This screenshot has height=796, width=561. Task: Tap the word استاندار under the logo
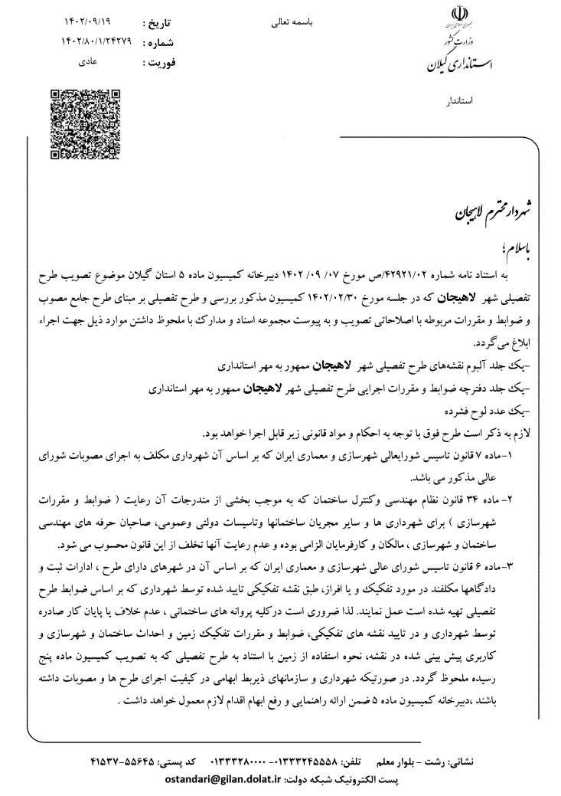(459, 100)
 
